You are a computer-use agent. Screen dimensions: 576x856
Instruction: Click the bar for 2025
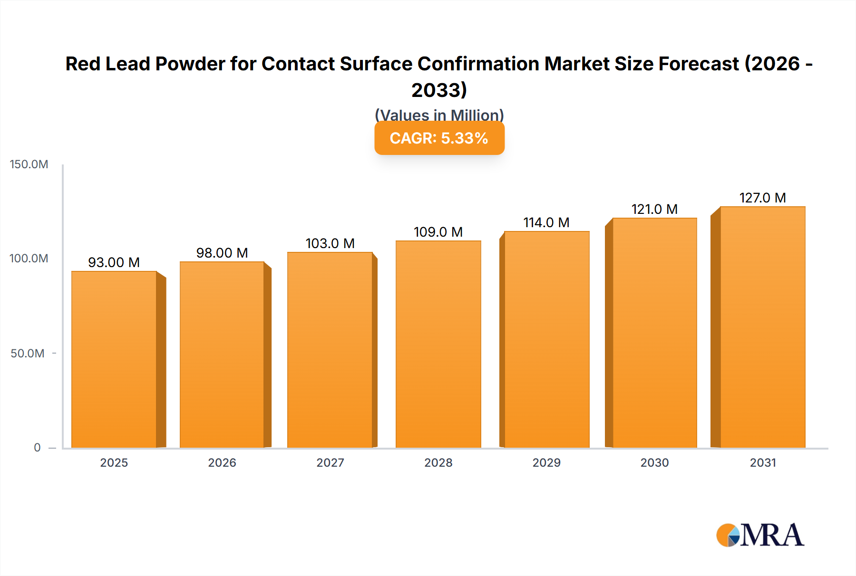pos(114,359)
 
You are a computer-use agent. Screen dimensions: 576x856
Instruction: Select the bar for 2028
pos(438,344)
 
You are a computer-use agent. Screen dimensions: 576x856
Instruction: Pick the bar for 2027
pos(330,350)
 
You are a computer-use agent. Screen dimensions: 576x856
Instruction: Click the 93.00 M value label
pos(114,262)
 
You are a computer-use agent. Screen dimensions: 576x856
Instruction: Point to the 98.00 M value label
pos(222,253)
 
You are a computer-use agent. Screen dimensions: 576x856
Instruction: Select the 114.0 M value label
pos(546,222)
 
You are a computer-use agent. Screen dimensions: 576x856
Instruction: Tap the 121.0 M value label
pos(654,209)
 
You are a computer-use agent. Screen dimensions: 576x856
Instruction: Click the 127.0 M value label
pos(762,198)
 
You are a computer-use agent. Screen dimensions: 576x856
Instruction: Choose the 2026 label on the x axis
pos(222,462)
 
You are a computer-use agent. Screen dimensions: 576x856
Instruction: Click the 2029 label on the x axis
pos(546,462)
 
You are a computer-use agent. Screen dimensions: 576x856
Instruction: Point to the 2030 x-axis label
pos(654,462)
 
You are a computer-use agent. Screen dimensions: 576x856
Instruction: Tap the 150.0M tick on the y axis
pos(29,164)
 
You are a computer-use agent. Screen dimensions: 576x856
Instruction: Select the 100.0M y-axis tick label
pos(29,259)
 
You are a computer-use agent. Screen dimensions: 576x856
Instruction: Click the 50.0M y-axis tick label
pos(28,353)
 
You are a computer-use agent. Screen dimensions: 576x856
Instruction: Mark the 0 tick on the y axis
pos(37,447)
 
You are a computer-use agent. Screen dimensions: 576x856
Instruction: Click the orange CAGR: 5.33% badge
pos(439,138)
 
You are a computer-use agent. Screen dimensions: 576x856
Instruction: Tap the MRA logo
pos(760,535)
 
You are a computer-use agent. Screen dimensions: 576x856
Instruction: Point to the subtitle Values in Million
pos(439,115)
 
